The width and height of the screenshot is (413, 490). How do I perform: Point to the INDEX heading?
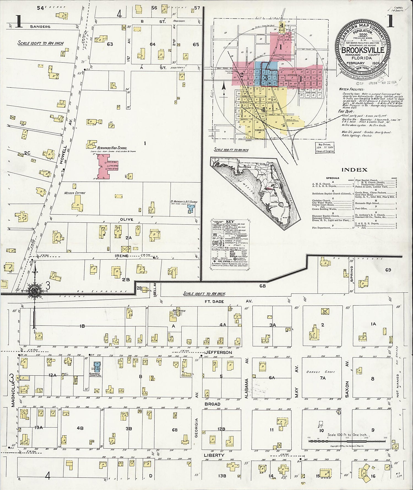click(355, 170)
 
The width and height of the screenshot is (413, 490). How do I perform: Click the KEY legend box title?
click(230, 221)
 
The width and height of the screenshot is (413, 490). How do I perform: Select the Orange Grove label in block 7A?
click(322, 372)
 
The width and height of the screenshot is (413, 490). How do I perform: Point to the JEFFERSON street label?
click(218, 352)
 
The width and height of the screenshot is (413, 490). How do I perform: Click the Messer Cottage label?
click(75, 193)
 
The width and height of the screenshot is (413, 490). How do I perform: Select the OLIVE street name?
click(126, 220)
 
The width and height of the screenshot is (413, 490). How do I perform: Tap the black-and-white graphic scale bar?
click(333, 441)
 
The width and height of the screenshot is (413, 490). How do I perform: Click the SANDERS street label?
click(40, 27)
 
